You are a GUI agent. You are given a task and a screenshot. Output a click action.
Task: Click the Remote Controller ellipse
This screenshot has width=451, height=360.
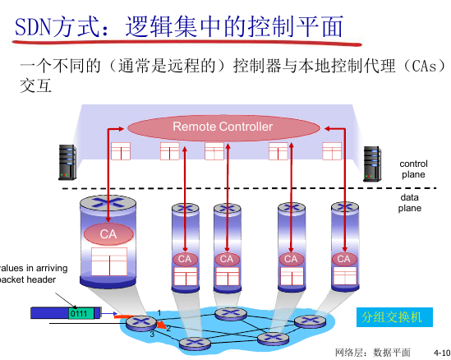click(222, 127)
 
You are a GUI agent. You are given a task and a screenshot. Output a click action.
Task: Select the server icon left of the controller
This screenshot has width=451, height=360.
click(67, 161)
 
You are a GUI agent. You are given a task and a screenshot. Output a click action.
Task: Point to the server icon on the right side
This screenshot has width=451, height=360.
click(374, 162)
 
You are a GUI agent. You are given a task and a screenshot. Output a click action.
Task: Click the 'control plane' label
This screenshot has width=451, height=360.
click(413, 169)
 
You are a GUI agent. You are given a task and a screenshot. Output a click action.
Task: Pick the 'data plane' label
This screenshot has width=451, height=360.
click(410, 203)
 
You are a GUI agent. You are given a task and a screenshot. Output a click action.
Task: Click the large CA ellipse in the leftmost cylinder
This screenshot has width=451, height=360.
click(108, 234)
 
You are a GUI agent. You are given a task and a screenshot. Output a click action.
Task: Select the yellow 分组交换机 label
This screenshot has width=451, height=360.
click(392, 316)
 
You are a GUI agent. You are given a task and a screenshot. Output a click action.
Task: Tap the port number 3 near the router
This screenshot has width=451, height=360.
click(152, 335)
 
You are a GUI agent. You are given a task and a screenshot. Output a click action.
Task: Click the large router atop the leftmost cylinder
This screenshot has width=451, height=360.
click(108, 203)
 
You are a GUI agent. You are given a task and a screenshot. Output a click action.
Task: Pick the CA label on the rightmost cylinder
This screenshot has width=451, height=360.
click(344, 259)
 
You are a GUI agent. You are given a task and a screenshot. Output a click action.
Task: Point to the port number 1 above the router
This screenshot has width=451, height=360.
click(159, 311)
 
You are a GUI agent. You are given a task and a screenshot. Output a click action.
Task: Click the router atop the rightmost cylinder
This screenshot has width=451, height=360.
click(344, 209)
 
